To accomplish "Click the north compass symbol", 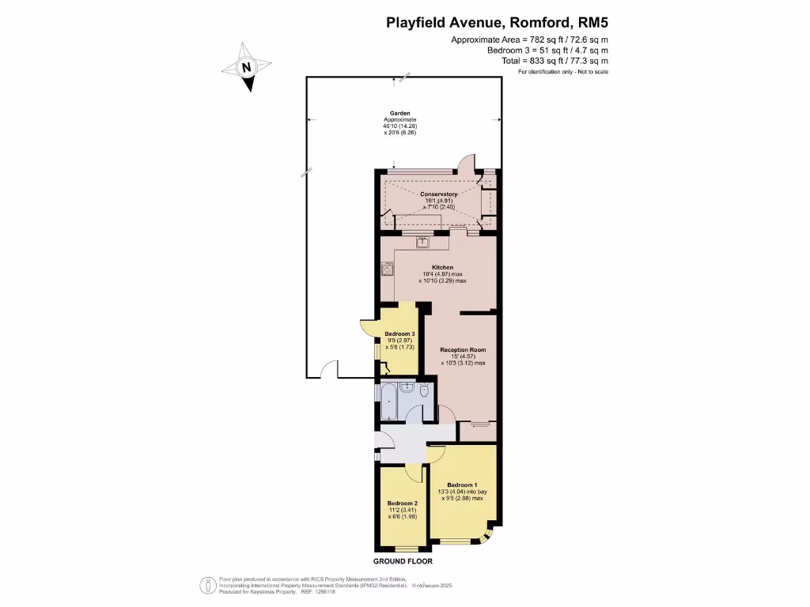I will coord(247,68).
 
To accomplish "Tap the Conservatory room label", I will coord(438,194).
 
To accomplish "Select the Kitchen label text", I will coord(442,267).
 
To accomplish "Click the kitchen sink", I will coord(422,241).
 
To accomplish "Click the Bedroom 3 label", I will coord(399,334).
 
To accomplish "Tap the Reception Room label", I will coord(463,349).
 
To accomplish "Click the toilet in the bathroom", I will coord(425,390).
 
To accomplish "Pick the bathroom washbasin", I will coord(406,387).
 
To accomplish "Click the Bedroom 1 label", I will coord(462,484).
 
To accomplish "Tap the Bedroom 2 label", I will coord(402,503).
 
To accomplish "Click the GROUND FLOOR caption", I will coord(403,561).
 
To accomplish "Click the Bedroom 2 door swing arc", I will coord(414,472).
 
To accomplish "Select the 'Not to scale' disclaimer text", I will coord(590,72).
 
